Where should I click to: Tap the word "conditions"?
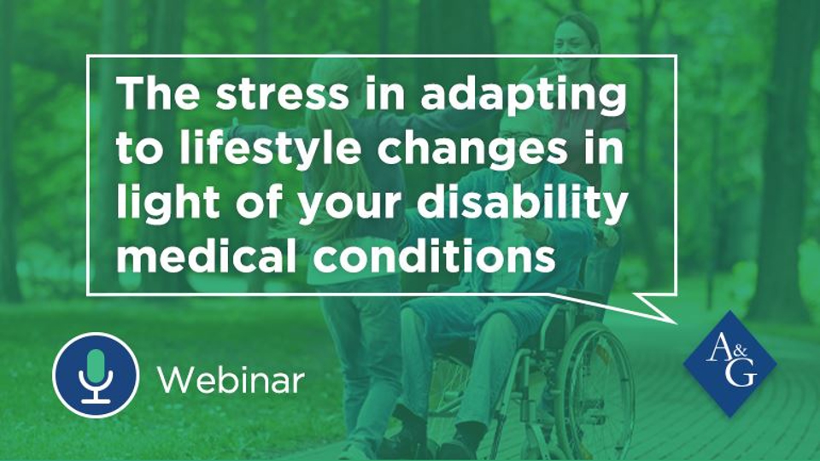[434, 254]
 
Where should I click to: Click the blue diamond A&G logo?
[729, 364]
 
